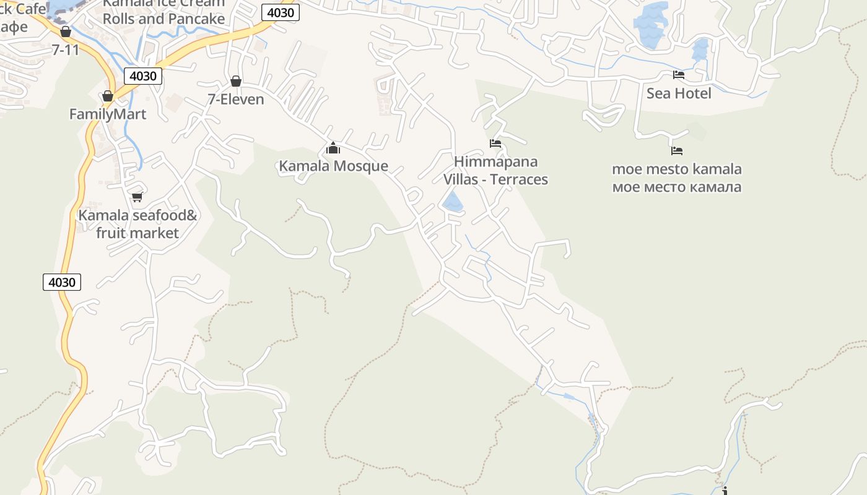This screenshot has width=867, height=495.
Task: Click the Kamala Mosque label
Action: point(333,166)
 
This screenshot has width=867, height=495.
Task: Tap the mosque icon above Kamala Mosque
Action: point(333,148)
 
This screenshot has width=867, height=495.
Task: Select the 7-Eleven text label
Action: point(235,99)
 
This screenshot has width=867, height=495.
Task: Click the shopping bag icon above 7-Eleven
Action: point(235,81)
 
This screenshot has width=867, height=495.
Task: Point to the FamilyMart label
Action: point(108,114)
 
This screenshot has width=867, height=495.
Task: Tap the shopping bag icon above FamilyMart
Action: point(108,96)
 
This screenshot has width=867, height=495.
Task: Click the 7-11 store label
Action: point(66,49)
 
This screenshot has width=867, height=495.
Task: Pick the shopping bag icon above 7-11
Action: point(66,32)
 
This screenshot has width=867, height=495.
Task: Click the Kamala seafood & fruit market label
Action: point(137,224)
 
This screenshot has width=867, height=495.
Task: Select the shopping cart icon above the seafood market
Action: point(137,197)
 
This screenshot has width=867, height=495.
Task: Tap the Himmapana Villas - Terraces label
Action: point(495,171)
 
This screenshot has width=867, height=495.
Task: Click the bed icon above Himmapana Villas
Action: point(495,144)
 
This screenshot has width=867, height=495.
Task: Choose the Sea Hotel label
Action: point(679,93)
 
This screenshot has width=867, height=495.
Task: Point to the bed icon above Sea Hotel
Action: point(679,75)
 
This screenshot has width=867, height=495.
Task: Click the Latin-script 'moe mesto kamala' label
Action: point(677,169)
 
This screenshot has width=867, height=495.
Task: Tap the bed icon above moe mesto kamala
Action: point(677,150)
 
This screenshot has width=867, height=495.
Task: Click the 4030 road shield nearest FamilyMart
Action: point(143,76)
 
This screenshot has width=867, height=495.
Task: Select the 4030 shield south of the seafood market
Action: point(62,282)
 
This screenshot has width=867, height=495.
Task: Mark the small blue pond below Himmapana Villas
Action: point(453,202)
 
